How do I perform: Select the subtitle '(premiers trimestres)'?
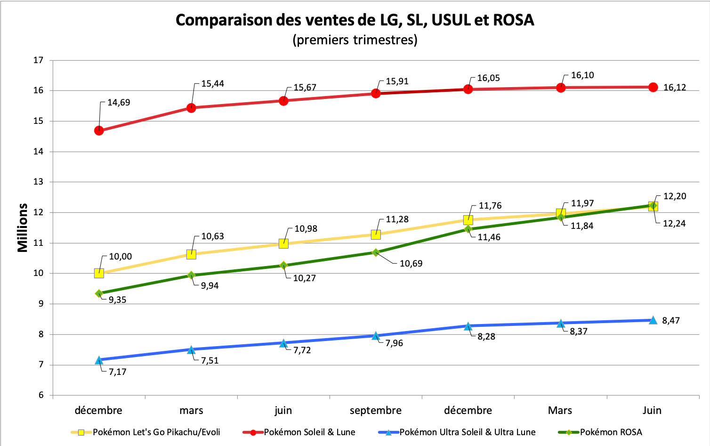coord(355,40)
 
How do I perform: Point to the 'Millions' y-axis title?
coord(23,228)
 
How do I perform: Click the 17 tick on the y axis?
coord(38,60)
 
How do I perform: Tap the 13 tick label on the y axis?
coord(38,182)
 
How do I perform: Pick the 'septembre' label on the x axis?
coord(376,410)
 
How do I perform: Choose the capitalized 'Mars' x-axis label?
coord(560,410)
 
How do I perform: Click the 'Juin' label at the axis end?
coord(652,410)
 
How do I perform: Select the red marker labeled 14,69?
coord(99,130)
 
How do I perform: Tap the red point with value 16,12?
coord(653,87)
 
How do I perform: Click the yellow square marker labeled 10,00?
coord(99,273)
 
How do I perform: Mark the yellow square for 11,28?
coord(376,235)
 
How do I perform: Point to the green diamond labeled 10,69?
coord(376,252)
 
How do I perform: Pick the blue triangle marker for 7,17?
coord(99,360)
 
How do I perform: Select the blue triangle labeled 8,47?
coord(653,320)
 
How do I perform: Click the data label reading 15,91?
coord(397,81)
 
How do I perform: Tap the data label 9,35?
coord(117,300)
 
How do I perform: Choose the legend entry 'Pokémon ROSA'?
coord(611,432)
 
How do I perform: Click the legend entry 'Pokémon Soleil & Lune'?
coord(309,432)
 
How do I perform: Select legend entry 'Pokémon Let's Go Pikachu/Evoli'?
coord(156,432)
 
